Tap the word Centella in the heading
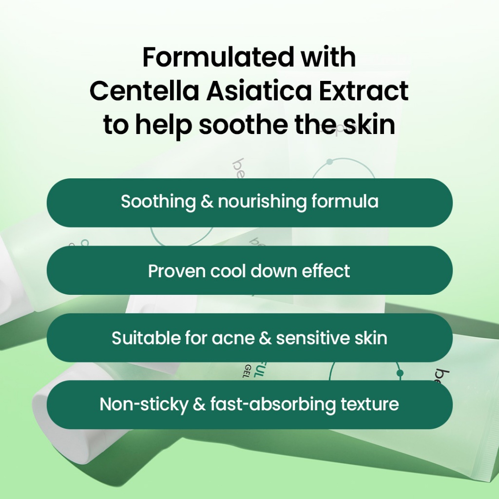[144, 91]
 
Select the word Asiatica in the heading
[259, 91]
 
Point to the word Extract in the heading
[364, 91]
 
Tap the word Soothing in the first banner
[158, 202]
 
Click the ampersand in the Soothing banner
[207, 202]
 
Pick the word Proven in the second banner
[176, 271]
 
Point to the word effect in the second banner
[326, 271]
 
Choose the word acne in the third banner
[233, 339]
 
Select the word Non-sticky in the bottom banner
[144, 404]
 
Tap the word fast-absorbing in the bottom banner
[273, 404]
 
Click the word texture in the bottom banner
[369, 404]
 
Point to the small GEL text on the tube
[246, 371]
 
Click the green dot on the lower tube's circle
[400, 373]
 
